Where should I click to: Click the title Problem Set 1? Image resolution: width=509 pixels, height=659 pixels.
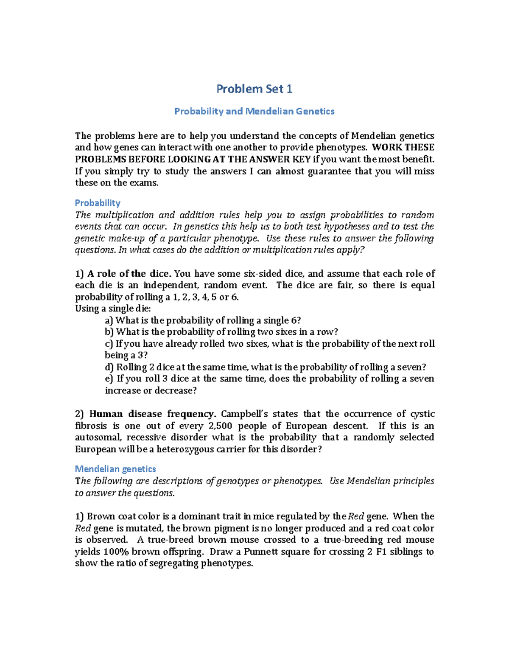pos(254,89)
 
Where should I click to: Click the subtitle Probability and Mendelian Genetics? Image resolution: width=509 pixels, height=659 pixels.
pos(254,111)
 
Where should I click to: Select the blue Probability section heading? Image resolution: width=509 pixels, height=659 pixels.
pos(98,203)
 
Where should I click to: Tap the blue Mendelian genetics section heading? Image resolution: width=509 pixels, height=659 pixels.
pos(115,469)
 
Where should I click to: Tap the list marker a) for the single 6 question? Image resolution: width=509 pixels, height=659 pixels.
pos(109,320)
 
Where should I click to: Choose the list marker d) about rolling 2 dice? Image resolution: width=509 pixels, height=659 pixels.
pos(109,367)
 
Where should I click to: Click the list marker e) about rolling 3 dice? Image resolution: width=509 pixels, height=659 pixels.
pos(109,379)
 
